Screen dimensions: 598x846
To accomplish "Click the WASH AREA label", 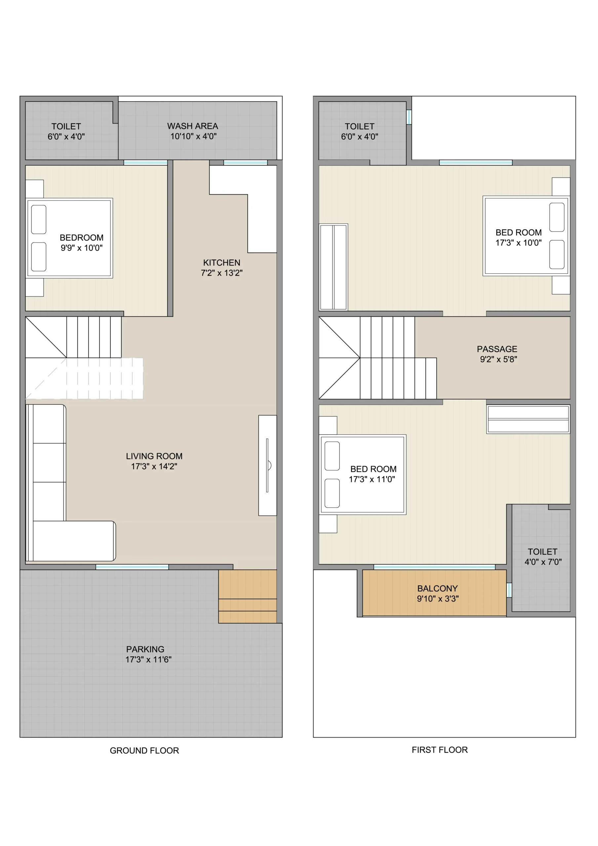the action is tap(192, 126).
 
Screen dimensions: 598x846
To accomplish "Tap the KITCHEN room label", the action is tap(221, 263).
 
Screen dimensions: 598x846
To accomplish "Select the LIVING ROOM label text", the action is tap(154, 456).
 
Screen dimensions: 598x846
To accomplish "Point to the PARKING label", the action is tap(145, 649).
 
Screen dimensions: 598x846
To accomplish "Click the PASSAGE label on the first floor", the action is tap(497, 349).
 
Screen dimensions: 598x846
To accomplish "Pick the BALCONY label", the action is tap(438, 589).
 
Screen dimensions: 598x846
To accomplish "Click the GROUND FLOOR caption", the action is tap(144, 750).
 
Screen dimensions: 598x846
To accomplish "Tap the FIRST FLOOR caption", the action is tap(440, 750).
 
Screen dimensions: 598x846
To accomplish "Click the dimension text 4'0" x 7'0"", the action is tap(543, 562).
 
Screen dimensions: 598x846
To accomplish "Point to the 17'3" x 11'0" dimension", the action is tap(372, 480).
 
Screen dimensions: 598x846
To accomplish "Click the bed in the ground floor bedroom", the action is tap(69, 238).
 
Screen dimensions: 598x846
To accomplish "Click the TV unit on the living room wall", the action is tap(268, 465).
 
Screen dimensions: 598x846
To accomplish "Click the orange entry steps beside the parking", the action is tap(247, 596).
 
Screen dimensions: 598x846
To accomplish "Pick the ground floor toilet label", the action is tap(66, 126).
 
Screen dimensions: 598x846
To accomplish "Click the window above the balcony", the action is tap(434, 567).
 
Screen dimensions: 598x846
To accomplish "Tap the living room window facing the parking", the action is tap(132, 567).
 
